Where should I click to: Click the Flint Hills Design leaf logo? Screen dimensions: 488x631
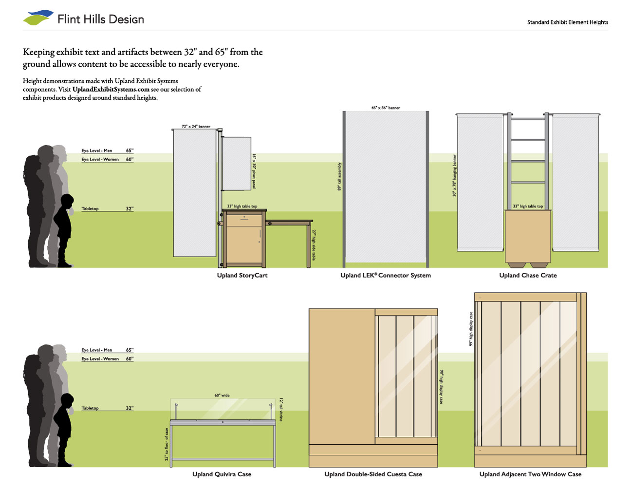click(x=37, y=18)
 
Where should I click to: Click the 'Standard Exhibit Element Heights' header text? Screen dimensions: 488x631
click(x=567, y=22)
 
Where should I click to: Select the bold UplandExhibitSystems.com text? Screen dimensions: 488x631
click(x=111, y=90)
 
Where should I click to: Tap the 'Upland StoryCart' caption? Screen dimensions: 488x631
click(x=242, y=276)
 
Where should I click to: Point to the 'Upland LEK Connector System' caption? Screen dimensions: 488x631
click(x=385, y=276)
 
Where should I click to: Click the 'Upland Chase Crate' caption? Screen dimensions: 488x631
click(x=528, y=276)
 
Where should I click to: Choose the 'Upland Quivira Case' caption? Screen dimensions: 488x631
click(x=222, y=474)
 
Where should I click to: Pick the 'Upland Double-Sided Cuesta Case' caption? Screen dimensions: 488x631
click(x=373, y=474)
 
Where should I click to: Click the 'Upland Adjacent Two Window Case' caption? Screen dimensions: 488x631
click(x=530, y=474)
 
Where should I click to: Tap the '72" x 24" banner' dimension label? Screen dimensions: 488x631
click(x=196, y=127)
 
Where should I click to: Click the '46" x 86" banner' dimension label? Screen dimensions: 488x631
click(x=386, y=108)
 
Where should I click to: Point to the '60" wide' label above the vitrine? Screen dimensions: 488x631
click(x=222, y=395)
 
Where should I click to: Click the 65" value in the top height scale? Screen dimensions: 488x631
click(x=130, y=151)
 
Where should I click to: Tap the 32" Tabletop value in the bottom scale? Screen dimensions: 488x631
click(x=130, y=408)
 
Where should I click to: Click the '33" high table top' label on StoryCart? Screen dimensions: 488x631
click(x=242, y=206)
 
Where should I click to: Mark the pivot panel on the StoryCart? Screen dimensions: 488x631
click(x=237, y=163)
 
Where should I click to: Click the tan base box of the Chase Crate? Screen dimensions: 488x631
click(x=528, y=237)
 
